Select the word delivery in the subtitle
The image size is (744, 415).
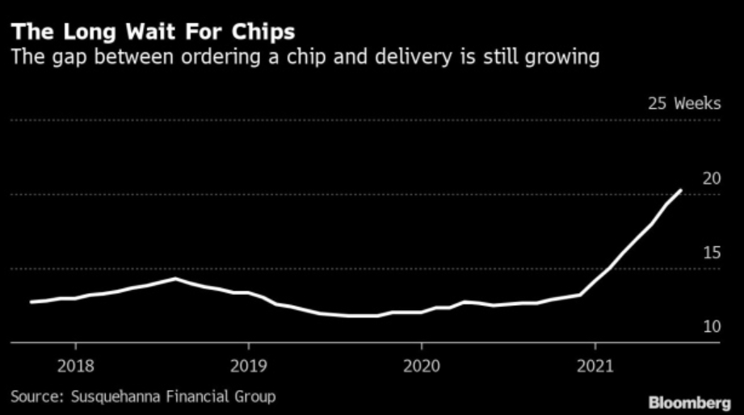[413, 57]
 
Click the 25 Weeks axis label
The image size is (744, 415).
[684, 103]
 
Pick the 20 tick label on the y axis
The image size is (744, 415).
[712, 178]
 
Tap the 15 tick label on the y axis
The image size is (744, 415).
[712, 253]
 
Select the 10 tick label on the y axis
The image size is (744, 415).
[712, 326]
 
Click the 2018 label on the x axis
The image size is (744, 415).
[76, 366]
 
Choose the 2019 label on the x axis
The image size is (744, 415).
[249, 366]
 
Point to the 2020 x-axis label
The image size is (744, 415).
[422, 366]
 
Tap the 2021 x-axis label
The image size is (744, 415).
[595, 366]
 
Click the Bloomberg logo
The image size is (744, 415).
[690, 403]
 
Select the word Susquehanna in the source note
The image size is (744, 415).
[116, 396]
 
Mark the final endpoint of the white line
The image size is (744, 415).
[681, 191]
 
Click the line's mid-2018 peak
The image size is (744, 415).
[175, 279]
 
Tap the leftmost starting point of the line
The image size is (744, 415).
[32, 302]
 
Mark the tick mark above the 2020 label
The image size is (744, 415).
[422, 346]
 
